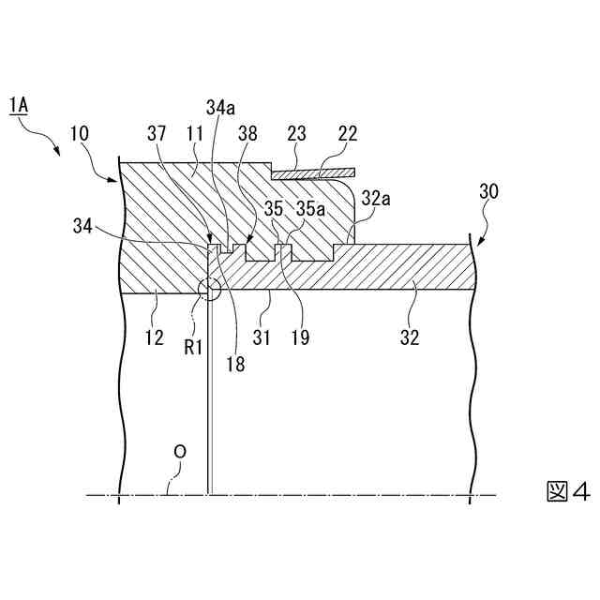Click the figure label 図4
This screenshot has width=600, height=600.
(x=567, y=490)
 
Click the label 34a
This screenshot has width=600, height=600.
(x=220, y=108)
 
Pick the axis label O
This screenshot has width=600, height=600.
(x=181, y=452)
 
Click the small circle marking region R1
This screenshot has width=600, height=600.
(x=207, y=289)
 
